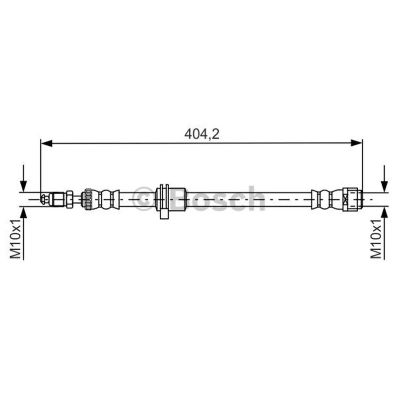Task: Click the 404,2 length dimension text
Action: (202, 134)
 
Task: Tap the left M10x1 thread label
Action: (15, 239)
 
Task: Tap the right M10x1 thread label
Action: (376, 239)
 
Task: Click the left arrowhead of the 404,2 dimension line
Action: (47, 143)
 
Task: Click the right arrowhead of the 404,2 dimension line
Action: (356, 143)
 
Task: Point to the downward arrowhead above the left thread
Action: (23, 187)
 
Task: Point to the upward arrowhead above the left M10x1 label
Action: (23, 212)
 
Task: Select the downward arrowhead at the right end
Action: (384, 187)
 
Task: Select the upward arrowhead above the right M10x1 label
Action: (384, 212)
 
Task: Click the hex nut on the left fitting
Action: (69, 199)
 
